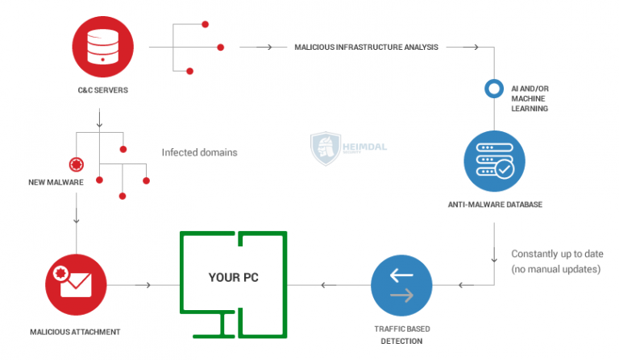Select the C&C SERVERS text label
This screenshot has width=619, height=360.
pos(100,90)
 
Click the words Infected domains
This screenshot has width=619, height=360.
pos(199,152)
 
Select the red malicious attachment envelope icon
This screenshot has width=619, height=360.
pos(77,284)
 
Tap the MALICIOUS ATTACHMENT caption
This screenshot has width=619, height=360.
pos(75,331)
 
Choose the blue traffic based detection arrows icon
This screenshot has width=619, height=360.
pos(401,285)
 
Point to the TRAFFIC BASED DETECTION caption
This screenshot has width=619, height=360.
pos(401,335)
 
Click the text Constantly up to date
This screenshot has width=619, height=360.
pos(556,254)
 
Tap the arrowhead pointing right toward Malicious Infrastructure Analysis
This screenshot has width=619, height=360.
pos(268,48)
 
